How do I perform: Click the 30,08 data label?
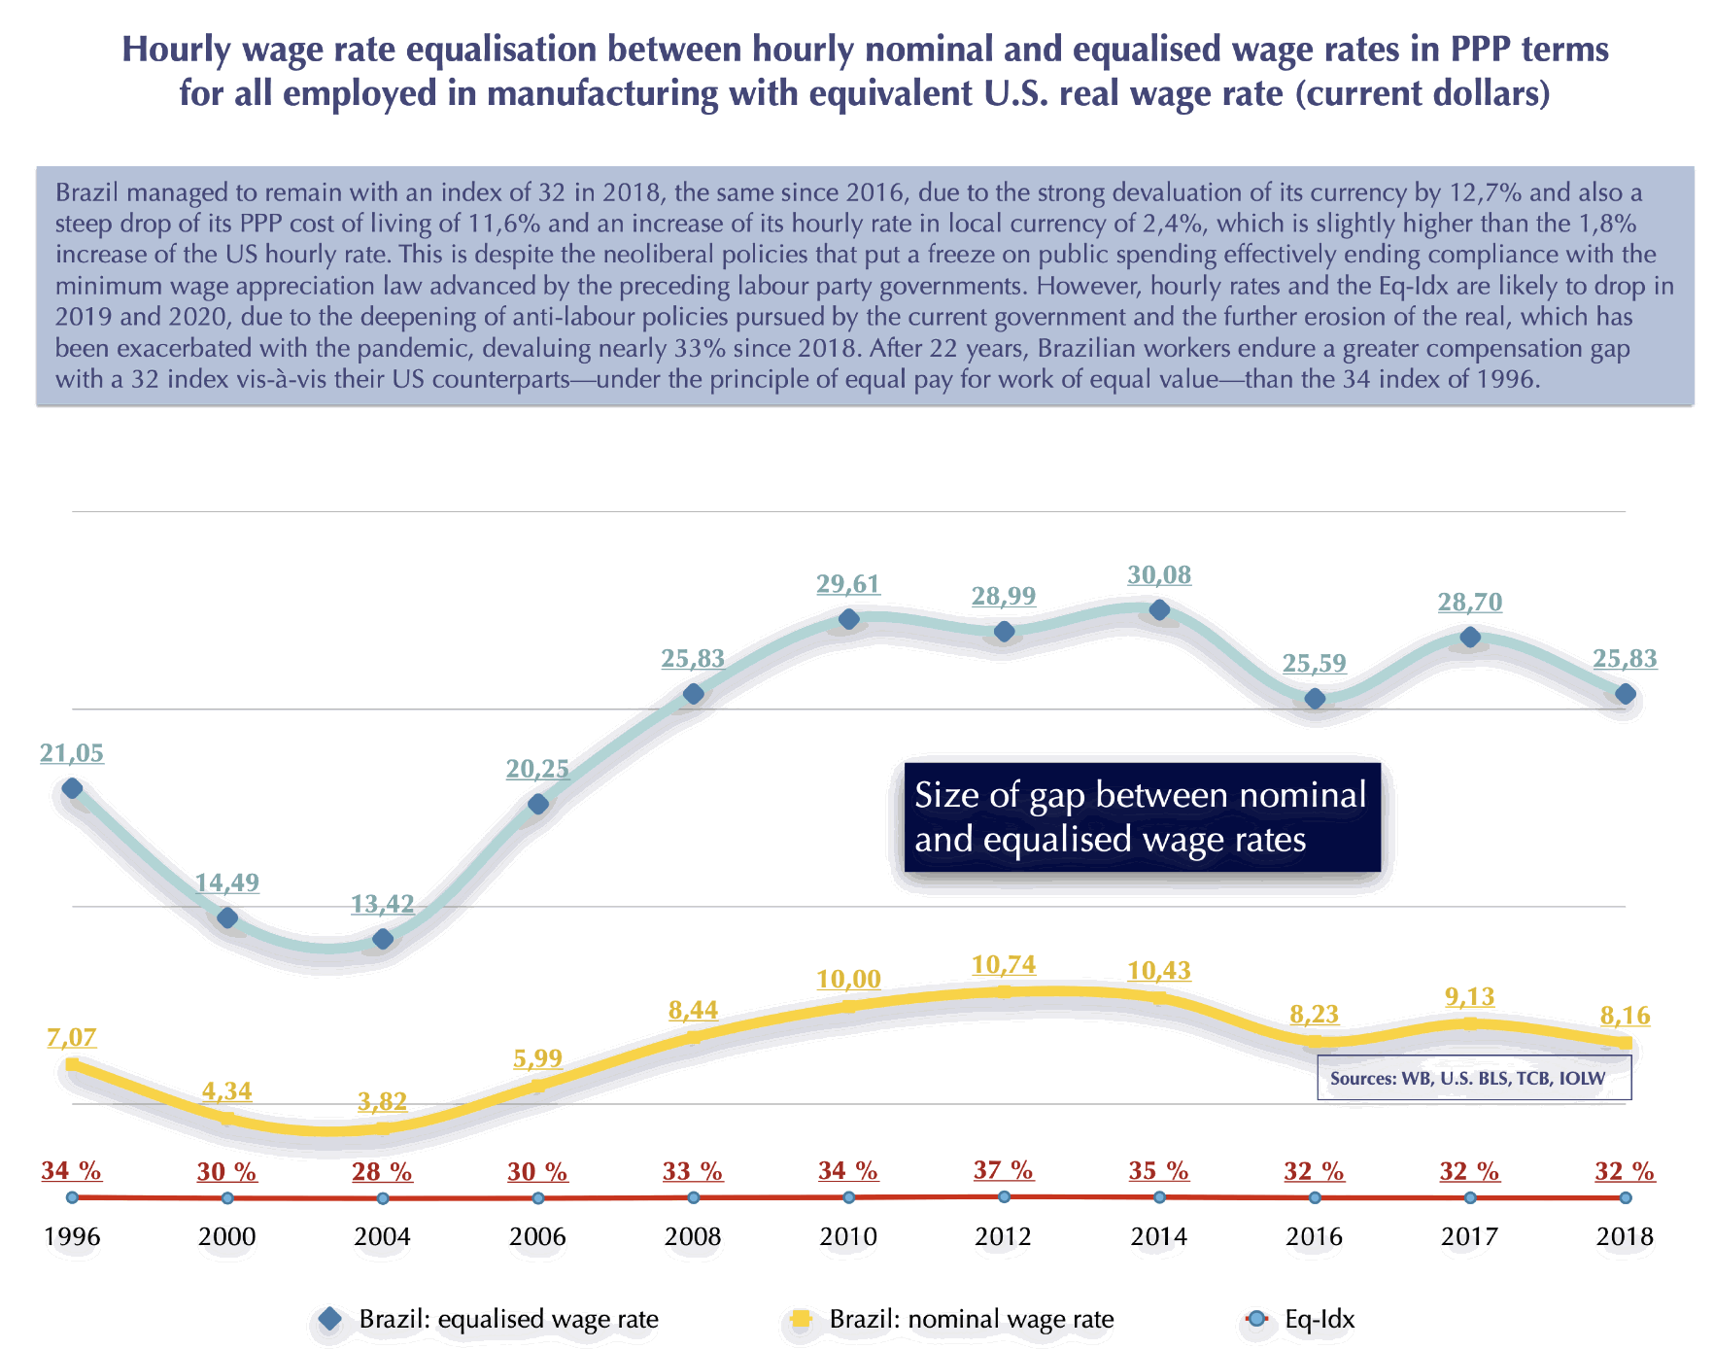[1158, 575]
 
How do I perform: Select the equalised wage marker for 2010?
[848, 619]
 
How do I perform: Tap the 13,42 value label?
[382, 904]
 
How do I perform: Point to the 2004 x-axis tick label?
[382, 1237]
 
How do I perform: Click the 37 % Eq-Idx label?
[1003, 1170]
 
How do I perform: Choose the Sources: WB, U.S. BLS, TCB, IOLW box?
[1473, 1079]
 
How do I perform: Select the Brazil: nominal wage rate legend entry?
[952, 1320]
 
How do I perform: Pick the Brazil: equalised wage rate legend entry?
[490, 1320]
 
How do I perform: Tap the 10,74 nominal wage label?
[1004, 965]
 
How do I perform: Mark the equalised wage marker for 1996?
[72, 788]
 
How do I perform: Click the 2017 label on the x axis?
[1469, 1237]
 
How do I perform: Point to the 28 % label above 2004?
[382, 1172]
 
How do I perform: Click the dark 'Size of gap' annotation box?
[1142, 817]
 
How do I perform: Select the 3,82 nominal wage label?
[382, 1101]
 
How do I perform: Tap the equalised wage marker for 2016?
[1315, 698]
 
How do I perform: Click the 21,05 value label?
[72, 753]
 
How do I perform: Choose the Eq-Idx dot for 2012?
[1004, 1196]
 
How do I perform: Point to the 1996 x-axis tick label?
[72, 1237]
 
